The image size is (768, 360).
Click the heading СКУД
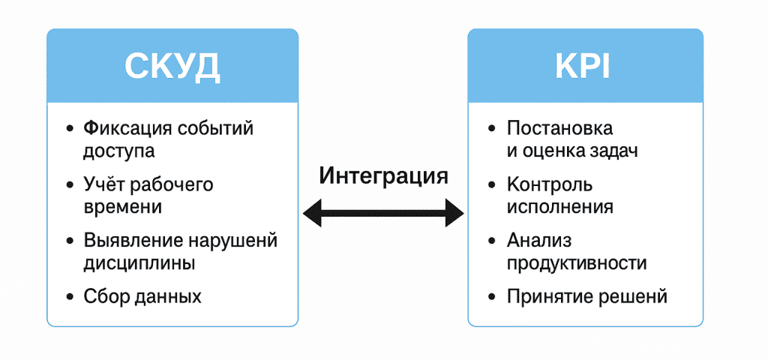(x=172, y=67)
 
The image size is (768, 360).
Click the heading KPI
(x=583, y=67)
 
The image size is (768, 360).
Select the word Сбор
(x=104, y=296)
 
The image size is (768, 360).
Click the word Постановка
(x=559, y=128)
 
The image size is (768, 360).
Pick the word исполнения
(x=559, y=206)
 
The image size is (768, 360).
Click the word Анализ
(x=539, y=241)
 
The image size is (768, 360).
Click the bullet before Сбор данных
(x=70, y=296)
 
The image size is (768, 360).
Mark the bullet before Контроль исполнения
(x=492, y=184)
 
